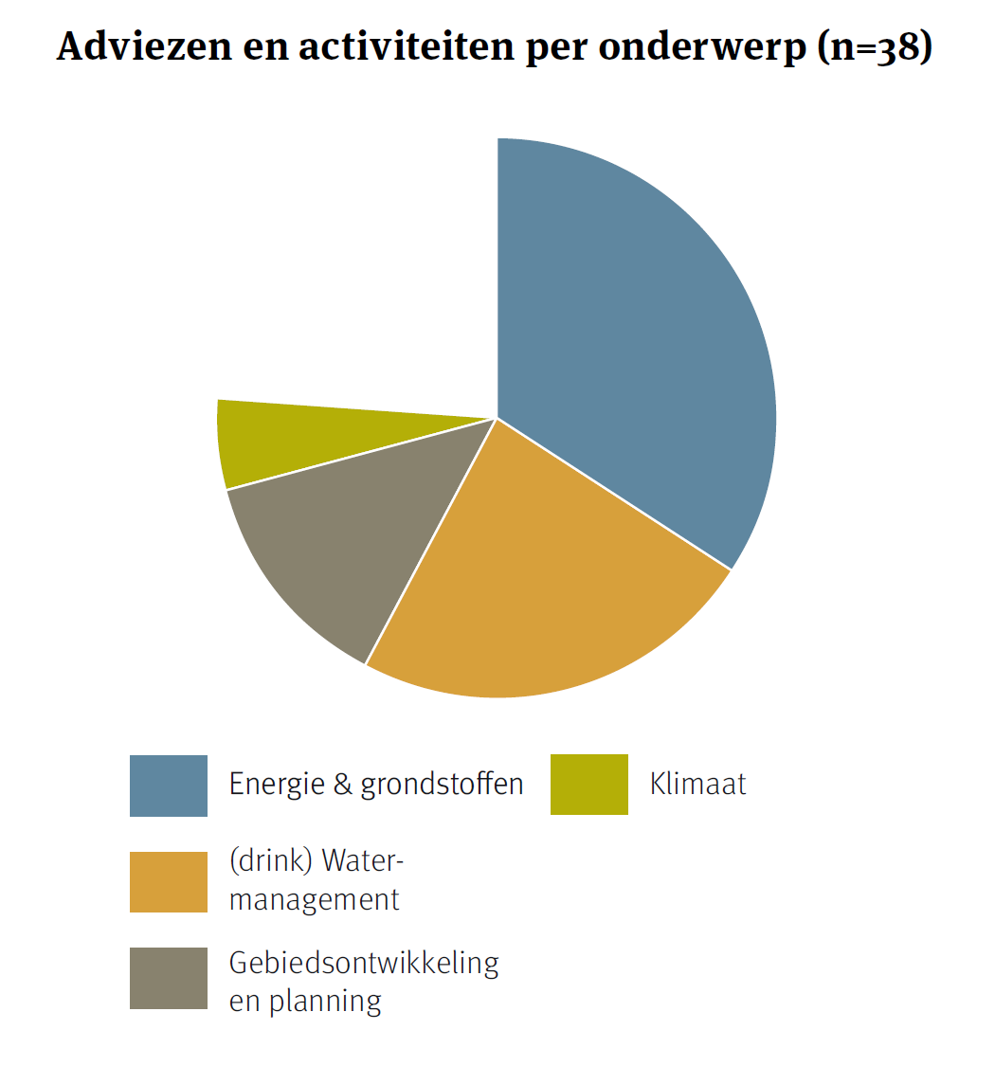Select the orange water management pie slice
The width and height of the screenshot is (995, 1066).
point(531,587)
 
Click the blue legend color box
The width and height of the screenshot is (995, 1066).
point(168,786)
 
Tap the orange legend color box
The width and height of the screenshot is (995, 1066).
point(168,882)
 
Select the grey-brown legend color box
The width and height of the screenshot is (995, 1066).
point(168,978)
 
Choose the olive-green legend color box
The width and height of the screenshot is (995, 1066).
point(588,785)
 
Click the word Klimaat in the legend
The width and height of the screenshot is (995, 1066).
point(698,785)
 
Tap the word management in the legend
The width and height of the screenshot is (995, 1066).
point(315,898)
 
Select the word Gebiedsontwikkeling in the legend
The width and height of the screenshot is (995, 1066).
point(364,963)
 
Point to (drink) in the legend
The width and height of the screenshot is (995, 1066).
point(271,860)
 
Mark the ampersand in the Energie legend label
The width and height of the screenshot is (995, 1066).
point(340,785)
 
